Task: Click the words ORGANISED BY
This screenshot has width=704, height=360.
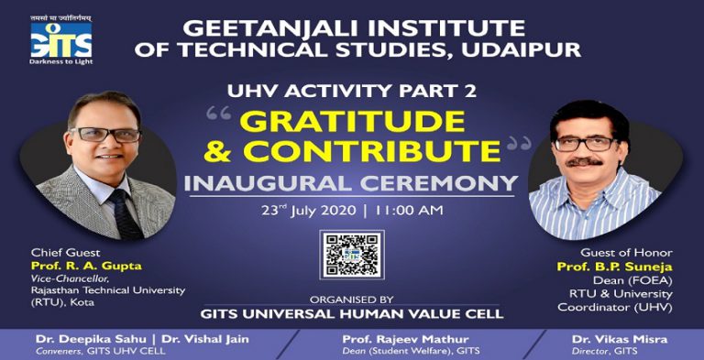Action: [352, 299]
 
